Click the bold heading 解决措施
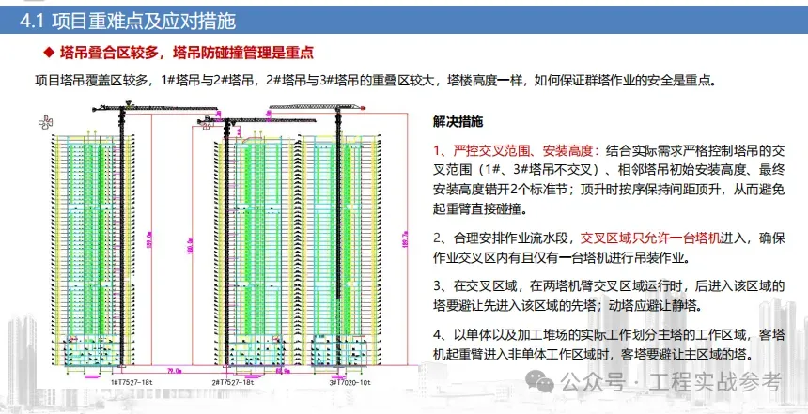click(x=458, y=122)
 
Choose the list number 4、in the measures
click(x=442, y=333)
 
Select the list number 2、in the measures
click(x=442, y=238)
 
